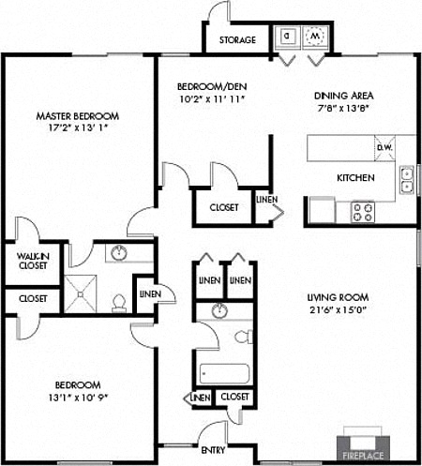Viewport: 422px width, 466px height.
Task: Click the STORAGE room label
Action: pyautogui.click(x=238, y=40)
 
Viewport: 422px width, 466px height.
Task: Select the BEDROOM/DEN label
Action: pyautogui.click(x=212, y=87)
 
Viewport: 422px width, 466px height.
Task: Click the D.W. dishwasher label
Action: pyautogui.click(x=384, y=147)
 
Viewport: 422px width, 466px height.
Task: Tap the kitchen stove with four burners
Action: pyautogui.click(x=362, y=212)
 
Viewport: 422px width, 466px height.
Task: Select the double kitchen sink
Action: pyautogui.click(x=407, y=179)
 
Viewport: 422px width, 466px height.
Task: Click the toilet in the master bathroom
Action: pyautogui.click(x=119, y=302)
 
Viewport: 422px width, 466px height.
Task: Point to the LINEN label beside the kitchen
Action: pyautogui.click(x=266, y=200)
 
